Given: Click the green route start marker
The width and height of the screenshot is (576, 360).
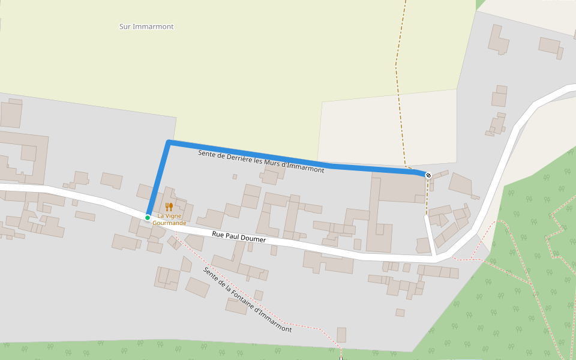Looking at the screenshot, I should [x=148, y=217].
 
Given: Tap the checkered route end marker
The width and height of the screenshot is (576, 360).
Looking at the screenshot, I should [x=428, y=175].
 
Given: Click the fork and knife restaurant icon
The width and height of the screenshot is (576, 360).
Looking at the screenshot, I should [x=169, y=207].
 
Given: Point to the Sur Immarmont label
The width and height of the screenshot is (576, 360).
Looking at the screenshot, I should [x=146, y=26].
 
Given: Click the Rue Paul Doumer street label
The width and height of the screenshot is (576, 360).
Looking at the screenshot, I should [x=239, y=236].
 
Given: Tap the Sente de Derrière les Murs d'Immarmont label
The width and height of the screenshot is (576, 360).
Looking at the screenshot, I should [x=261, y=161].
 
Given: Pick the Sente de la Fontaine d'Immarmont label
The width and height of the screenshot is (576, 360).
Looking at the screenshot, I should [x=247, y=299].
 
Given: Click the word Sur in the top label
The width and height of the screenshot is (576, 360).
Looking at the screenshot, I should [x=125, y=26].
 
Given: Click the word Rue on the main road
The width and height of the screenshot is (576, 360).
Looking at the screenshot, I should [x=218, y=234].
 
